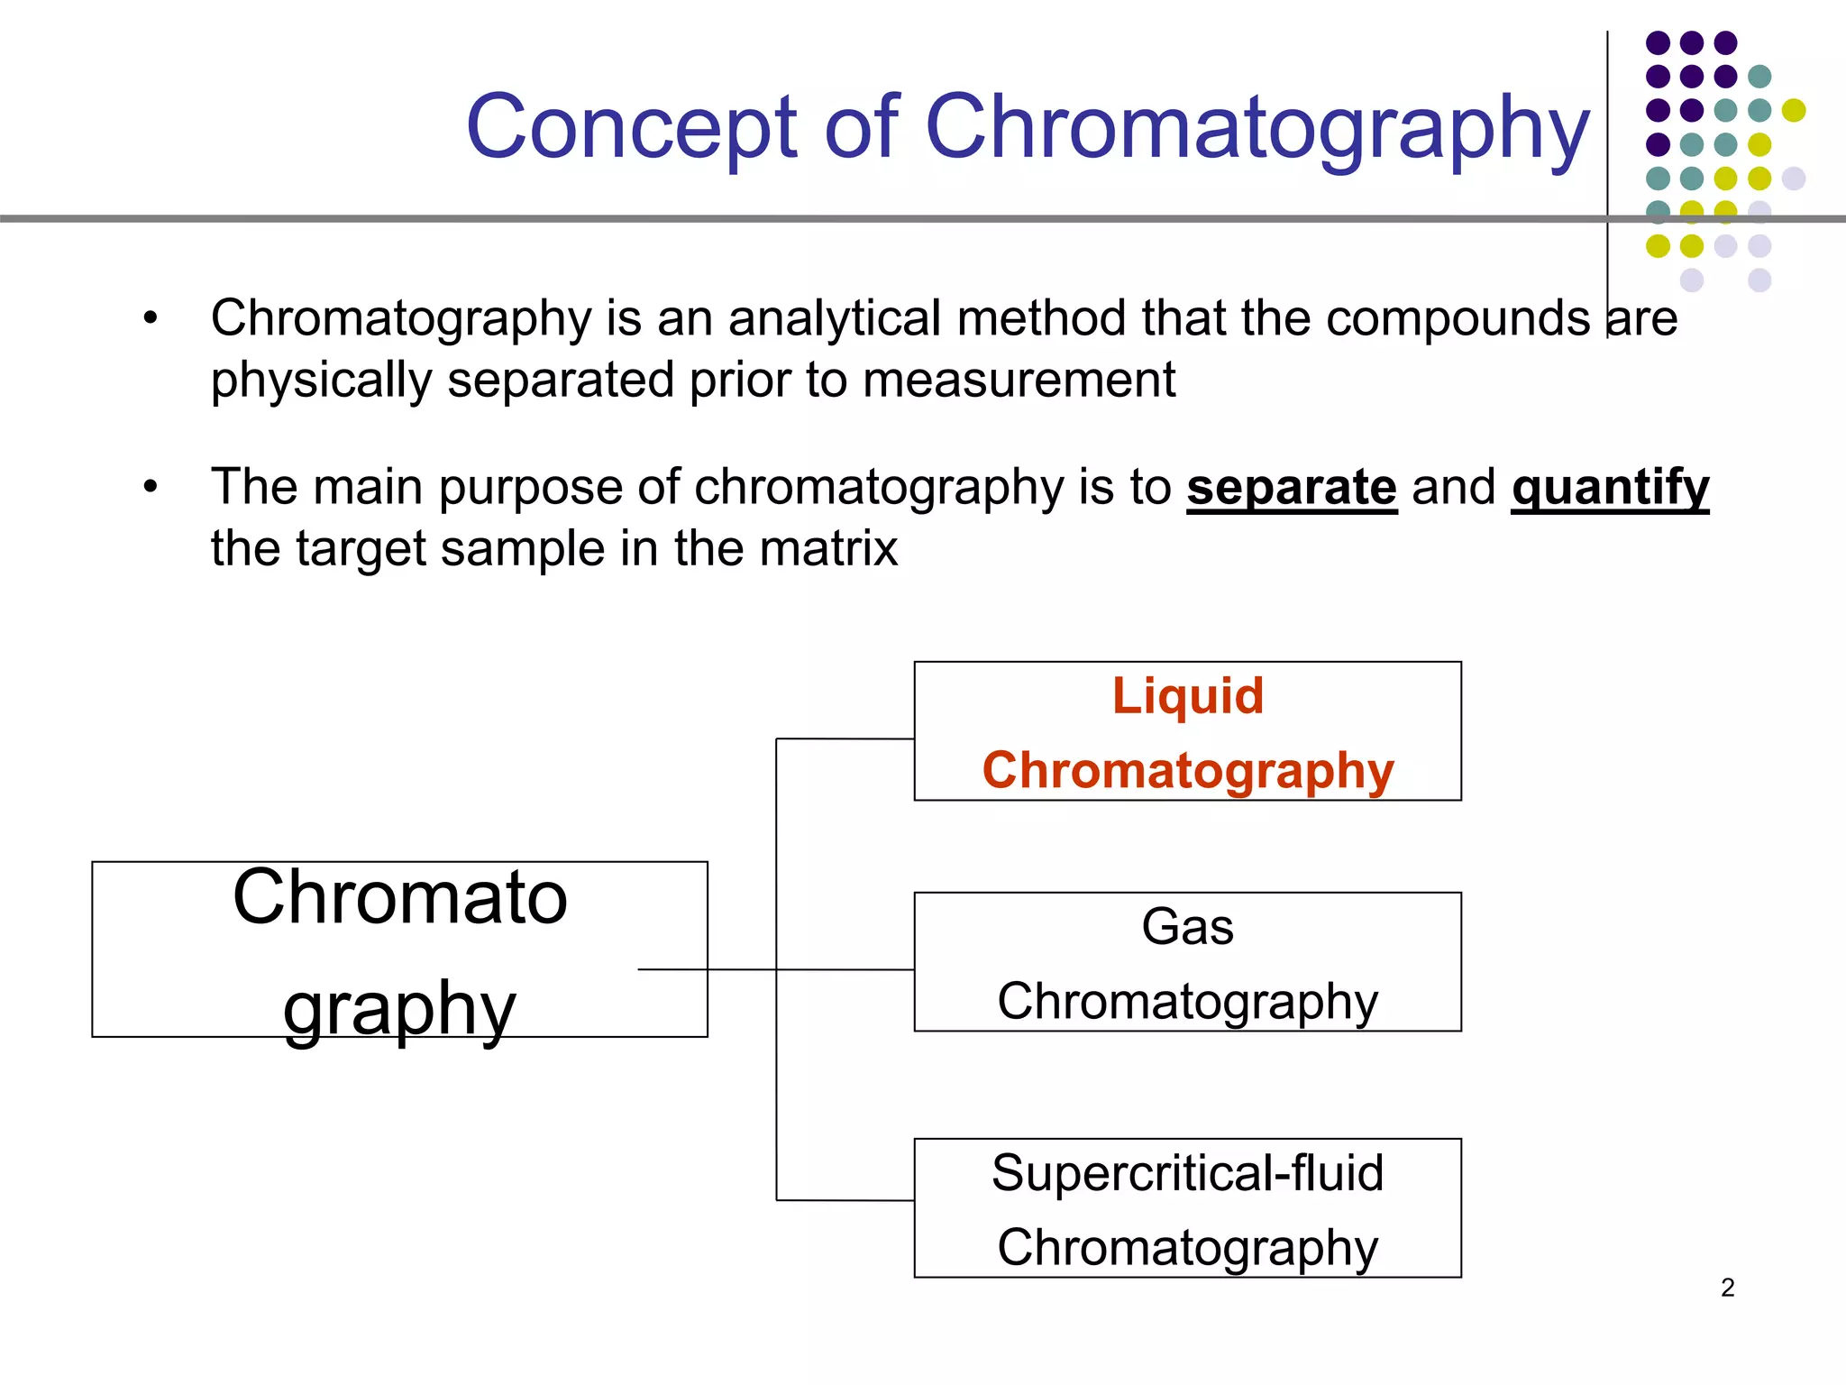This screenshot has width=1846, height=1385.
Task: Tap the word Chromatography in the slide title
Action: (x=1257, y=128)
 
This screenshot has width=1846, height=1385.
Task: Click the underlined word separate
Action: (x=1291, y=488)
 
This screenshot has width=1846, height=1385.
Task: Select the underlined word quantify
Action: (x=1610, y=488)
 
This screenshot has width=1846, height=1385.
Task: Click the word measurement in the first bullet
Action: (x=1019, y=380)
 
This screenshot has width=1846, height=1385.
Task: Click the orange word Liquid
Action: (x=1187, y=696)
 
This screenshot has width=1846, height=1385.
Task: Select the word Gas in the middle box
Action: (x=1187, y=927)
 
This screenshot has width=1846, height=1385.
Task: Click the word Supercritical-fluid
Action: (x=1187, y=1173)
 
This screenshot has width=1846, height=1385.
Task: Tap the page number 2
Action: (x=1727, y=1288)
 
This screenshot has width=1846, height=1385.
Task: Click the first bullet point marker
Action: (x=151, y=317)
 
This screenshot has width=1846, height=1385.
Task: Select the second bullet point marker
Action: (x=151, y=487)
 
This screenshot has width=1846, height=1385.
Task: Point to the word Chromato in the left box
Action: (x=399, y=898)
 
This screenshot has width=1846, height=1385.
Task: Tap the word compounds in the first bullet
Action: (x=1458, y=318)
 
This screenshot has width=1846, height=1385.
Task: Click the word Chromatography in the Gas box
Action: (x=1187, y=1002)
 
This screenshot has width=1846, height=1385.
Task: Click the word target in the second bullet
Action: (x=361, y=548)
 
